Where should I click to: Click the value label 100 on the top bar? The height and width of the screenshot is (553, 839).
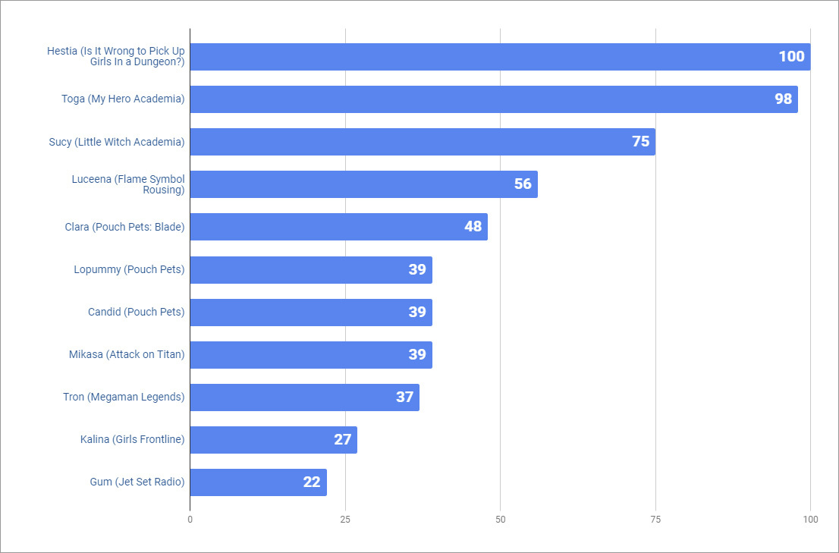(x=791, y=57)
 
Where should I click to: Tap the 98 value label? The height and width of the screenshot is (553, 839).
(x=783, y=99)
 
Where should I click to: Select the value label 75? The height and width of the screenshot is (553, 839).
(x=641, y=142)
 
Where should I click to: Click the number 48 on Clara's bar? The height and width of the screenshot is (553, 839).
(x=473, y=227)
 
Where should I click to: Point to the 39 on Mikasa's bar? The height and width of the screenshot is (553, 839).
(x=417, y=354)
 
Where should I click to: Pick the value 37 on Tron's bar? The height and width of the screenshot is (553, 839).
(x=404, y=397)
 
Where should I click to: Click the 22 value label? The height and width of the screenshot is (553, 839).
(x=312, y=482)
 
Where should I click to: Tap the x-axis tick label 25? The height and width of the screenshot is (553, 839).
(x=345, y=520)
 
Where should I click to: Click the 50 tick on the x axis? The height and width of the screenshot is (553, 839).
(x=500, y=520)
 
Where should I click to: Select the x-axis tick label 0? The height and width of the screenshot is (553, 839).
(x=190, y=520)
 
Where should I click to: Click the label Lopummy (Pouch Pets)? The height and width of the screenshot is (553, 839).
(x=129, y=269)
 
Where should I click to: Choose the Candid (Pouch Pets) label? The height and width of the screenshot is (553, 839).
(x=137, y=312)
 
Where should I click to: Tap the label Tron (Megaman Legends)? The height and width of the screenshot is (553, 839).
(x=124, y=397)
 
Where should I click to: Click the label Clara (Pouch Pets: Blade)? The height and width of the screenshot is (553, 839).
(x=124, y=227)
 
